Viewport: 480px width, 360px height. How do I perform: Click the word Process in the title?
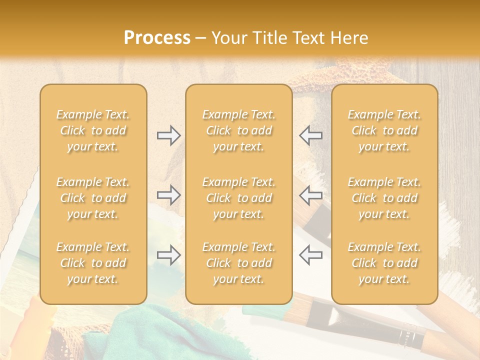coord(157,38)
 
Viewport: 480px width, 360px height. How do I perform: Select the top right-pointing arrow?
coord(168,135)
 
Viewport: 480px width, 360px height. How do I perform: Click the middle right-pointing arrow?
coord(168,195)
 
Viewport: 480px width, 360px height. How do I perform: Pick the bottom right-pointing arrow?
coord(168,254)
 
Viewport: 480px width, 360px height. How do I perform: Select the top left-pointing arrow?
coord(310,135)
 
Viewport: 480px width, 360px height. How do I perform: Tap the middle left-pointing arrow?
coord(310,195)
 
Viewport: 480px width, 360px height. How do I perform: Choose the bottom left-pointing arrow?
coord(310,254)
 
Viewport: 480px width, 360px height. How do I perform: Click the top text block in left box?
coord(93,130)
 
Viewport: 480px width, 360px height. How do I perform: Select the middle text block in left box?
coord(93,198)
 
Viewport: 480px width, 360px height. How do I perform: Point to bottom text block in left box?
coord(93,263)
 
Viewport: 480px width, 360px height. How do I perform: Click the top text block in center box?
coord(238,130)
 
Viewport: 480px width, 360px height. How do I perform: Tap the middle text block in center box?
coord(238,198)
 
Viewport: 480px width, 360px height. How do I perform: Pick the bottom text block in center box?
coord(238,263)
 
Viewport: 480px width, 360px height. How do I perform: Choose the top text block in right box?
coord(384,130)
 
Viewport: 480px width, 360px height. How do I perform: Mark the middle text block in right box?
coord(384,198)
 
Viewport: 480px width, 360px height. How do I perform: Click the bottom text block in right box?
coord(384,263)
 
